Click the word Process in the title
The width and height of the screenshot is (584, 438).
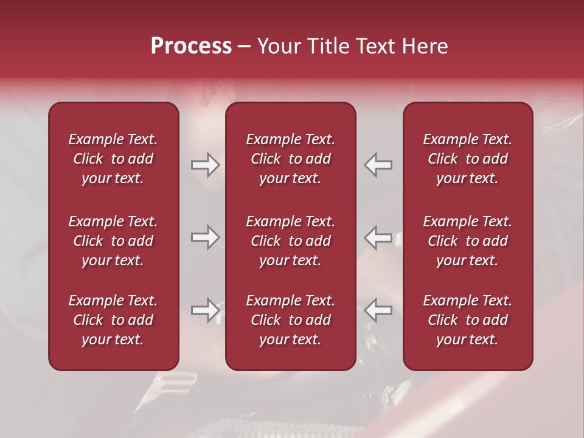tap(191, 46)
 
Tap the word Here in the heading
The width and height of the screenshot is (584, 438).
tap(425, 46)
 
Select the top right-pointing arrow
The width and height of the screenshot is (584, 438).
tap(206, 164)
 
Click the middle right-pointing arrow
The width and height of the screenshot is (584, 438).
tap(206, 237)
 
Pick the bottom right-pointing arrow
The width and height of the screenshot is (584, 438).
tap(206, 310)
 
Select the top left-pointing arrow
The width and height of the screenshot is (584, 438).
tap(378, 164)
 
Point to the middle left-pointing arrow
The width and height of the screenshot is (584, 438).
tap(378, 237)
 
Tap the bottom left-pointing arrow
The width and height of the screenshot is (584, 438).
tap(378, 310)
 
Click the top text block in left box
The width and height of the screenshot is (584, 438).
tap(113, 159)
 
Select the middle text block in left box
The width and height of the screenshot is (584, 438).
tap(113, 241)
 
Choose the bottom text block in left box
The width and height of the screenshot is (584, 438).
tap(113, 320)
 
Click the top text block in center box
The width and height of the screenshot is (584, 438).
tap(291, 159)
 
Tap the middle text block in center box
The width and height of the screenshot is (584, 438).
tap(291, 241)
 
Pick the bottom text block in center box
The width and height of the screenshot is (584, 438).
tap(291, 320)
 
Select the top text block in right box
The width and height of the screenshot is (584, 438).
tap(468, 159)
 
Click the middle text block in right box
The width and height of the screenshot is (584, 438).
tap(468, 241)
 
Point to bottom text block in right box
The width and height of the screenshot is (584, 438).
tap(468, 320)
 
